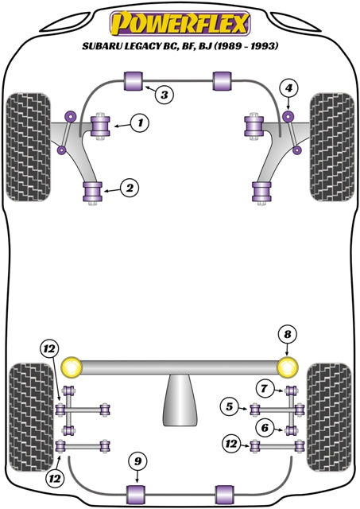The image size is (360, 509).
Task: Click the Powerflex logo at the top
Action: coord(180,21)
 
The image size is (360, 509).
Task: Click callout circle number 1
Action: coord(140,122)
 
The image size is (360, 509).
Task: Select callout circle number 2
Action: coord(127,188)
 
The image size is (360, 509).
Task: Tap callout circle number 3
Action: coord(163,95)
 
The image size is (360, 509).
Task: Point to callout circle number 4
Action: coord(289,87)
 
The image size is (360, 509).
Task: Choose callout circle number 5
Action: coord(230,408)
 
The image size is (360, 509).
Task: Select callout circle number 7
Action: coord(262,388)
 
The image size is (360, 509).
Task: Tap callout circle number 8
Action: coord(286,334)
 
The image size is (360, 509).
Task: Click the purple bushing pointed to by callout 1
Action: coord(101,126)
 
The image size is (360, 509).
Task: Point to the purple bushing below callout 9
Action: coord(137,493)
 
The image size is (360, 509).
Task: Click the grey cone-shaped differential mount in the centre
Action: coord(179,402)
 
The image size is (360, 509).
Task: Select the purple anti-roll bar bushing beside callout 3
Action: coord(134,80)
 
